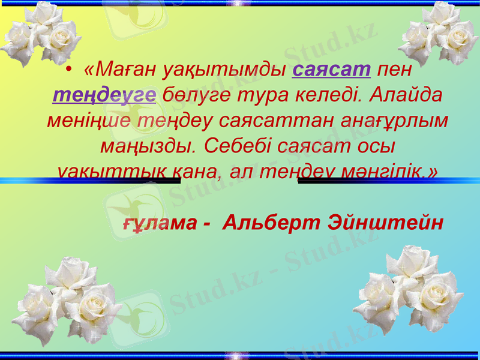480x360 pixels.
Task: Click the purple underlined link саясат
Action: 332,70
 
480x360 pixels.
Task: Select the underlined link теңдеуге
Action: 104,95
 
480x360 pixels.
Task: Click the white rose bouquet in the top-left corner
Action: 39,33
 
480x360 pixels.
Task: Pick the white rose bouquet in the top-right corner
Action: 438,33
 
